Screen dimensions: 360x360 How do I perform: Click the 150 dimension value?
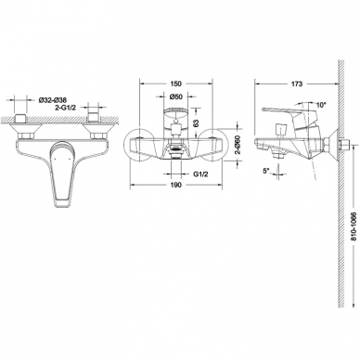[175, 84]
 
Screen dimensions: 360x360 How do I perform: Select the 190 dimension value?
[175, 185]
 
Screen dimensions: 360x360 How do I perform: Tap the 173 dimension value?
[297, 84]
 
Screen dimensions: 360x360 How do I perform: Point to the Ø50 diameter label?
[176, 96]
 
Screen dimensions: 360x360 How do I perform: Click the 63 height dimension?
[197, 122]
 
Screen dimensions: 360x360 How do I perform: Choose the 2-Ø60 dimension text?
[238, 145]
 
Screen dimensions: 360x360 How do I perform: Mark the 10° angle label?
[322, 105]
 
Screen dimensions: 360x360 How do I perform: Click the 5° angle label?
[266, 171]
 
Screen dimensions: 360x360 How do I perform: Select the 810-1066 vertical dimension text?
[354, 226]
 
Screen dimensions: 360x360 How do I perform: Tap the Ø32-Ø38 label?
[53, 100]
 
